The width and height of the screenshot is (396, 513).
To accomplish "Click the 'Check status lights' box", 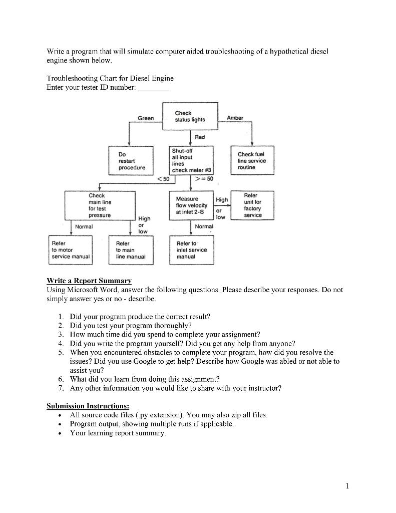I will coord(190,116).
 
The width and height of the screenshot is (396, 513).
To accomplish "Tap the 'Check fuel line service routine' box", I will coord(252,161).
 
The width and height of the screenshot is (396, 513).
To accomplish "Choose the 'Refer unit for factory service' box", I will coord(252,205).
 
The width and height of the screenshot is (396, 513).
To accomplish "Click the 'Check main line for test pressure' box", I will coord(100,205).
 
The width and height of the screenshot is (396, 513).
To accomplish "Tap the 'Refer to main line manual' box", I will coord(131,249).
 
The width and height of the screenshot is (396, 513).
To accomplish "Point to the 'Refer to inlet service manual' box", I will coord(192,249).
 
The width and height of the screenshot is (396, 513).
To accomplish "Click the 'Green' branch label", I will coord(146,118).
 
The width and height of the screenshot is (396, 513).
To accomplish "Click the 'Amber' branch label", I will coord(235,118).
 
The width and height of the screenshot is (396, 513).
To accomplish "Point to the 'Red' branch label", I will coord(200,137).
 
